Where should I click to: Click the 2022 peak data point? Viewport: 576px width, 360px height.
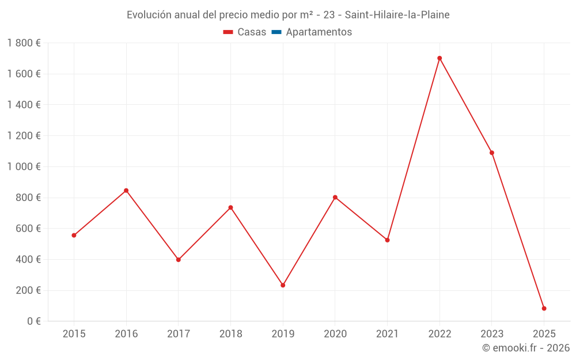coord(439,58)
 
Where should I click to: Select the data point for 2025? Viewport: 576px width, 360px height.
coord(544,308)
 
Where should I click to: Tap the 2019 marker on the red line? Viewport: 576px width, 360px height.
coord(283,285)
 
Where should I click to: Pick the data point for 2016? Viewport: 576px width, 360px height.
coord(126,191)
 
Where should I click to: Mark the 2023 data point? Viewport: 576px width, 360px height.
coord(492,153)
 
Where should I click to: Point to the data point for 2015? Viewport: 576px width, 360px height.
coord(74,235)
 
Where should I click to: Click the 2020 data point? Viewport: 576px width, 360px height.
coord(335,198)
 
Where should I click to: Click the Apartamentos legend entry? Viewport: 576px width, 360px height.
coord(319,32)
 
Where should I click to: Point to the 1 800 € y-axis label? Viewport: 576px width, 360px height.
coord(24,43)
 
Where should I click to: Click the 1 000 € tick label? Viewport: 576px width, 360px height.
coord(24,166)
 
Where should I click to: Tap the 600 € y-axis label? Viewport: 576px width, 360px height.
coord(26,228)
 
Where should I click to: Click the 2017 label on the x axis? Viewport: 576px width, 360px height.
coord(179,334)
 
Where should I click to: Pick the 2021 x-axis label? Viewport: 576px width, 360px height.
coord(387,334)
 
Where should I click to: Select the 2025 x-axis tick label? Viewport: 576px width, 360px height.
coord(544,334)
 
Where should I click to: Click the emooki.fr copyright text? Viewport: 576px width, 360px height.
coord(525,348)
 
